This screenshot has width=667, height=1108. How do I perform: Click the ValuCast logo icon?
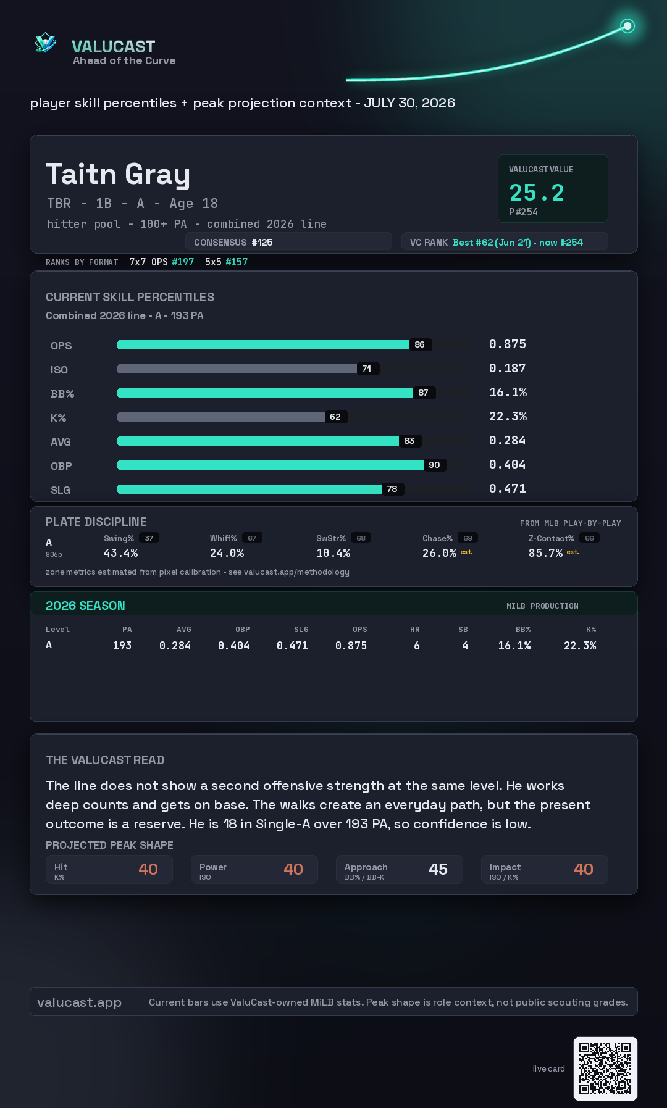46,43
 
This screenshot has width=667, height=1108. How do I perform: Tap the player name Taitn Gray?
118,174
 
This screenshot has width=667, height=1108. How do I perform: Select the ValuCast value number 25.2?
537,193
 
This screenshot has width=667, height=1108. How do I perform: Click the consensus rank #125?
262,243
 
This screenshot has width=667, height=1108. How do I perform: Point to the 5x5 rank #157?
237,262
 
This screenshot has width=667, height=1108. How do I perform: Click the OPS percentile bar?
263,344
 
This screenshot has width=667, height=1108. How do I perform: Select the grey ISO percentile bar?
237,369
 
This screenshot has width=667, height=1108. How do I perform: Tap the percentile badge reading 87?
423,393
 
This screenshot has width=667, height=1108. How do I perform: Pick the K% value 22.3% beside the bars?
508,416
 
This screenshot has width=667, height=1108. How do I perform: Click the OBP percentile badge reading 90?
434,465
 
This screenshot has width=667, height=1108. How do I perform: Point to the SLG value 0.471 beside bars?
508,488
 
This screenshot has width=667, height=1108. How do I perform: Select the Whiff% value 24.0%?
227,553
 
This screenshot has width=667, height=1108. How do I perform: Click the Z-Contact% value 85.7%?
545,553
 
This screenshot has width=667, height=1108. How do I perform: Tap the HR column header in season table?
415,630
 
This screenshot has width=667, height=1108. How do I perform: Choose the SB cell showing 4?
465,646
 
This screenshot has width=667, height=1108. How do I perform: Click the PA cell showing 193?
122,646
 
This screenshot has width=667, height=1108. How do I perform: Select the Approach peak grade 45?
438,869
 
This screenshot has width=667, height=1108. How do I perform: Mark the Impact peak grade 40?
584,869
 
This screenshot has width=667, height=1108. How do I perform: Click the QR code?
605,1068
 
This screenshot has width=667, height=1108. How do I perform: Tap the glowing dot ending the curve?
627,26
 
